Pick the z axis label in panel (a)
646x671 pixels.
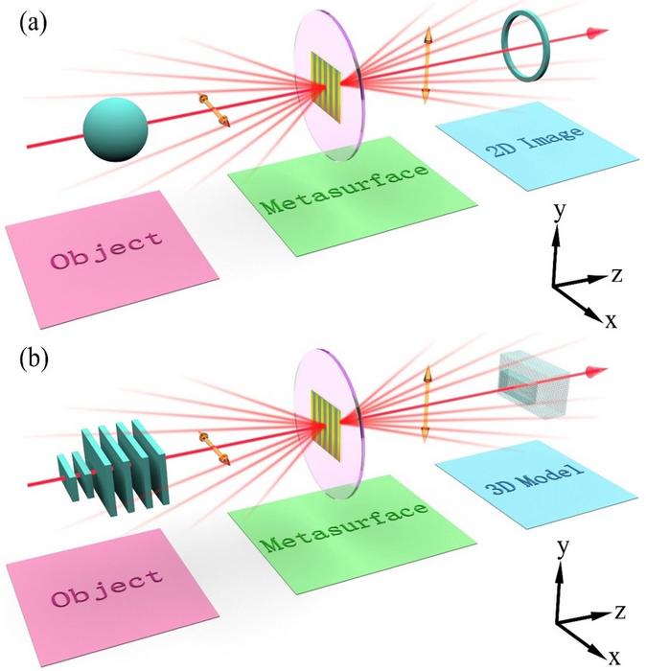(618, 276)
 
